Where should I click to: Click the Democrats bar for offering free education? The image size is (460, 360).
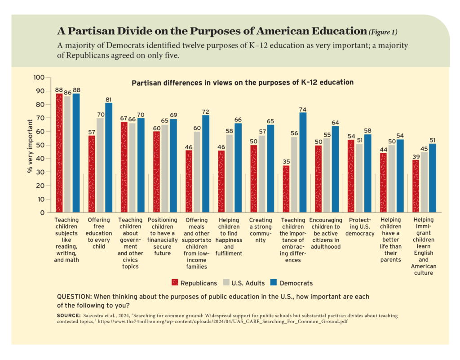point(108,158)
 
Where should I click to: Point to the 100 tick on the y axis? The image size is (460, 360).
point(39,78)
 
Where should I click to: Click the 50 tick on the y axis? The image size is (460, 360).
point(41,145)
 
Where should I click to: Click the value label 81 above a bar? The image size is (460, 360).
point(108,99)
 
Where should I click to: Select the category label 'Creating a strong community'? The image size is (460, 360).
point(261,230)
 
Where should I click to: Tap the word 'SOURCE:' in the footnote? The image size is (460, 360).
point(68,316)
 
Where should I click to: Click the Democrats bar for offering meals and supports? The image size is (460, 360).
point(205,164)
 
